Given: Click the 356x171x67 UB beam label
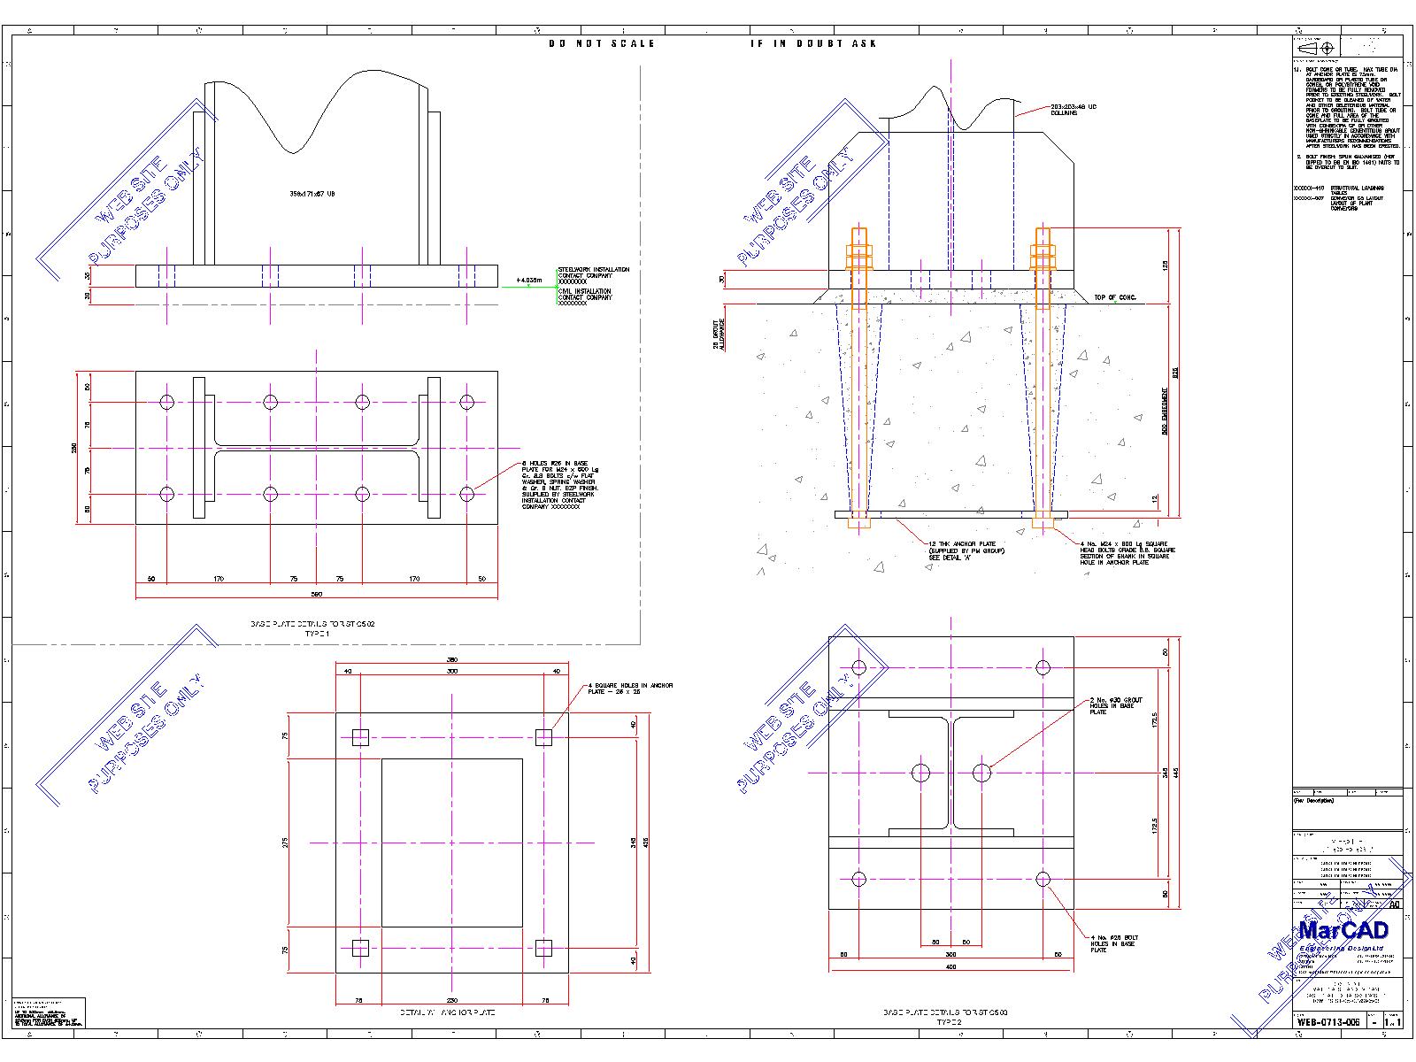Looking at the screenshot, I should (x=312, y=193).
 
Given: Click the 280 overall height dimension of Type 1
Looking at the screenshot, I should (x=75, y=449).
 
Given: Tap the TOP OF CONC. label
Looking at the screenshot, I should (x=1114, y=297).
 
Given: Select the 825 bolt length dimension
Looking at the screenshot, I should (x=1175, y=373).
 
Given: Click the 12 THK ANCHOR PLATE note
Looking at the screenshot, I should (x=966, y=550).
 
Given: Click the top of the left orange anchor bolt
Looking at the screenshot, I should (x=859, y=232).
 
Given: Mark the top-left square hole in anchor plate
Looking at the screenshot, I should (x=360, y=737).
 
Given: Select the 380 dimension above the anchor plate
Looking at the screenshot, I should (x=451, y=660).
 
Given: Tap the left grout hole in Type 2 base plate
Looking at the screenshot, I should (x=921, y=773).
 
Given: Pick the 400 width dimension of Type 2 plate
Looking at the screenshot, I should (x=951, y=966).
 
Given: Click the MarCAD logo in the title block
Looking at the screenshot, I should (x=1343, y=931).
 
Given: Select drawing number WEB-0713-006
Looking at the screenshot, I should (x=1328, y=1021).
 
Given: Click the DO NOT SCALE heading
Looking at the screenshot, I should (x=601, y=43).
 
